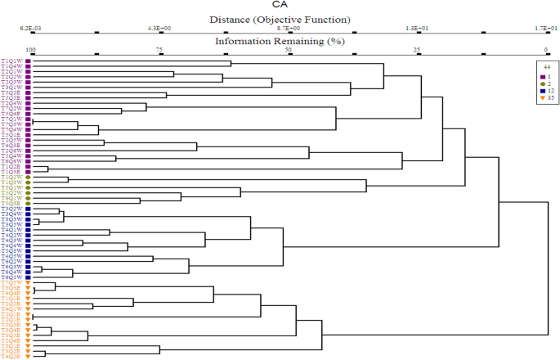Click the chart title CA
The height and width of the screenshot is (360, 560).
[280, 5]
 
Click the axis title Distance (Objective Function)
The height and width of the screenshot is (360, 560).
[280, 19]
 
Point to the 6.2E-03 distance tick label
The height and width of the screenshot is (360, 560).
[29, 28]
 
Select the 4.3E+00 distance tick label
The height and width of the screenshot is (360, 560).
[159, 28]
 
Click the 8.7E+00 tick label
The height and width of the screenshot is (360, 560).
[289, 28]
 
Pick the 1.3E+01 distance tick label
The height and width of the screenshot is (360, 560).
[417, 28]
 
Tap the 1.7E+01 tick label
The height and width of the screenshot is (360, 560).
[545, 28]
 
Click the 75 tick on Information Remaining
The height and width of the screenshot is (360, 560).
[159, 50]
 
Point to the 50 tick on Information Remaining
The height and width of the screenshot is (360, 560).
[289, 50]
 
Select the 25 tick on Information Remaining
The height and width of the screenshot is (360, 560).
[417, 50]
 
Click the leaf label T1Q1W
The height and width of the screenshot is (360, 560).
[12, 61]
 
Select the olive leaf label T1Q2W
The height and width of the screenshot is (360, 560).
[12, 177]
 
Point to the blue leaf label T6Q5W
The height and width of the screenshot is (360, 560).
[12, 277]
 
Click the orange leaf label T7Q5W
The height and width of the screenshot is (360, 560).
[12, 283]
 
